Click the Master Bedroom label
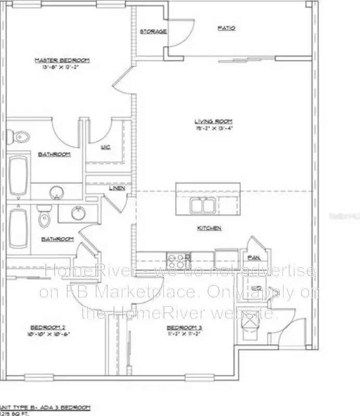(x=62, y=60)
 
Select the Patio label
(x=226, y=28)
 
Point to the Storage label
(x=153, y=32)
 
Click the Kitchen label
(x=209, y=228)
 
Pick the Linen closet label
(x=117, y=188)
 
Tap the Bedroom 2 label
(x=47, y=327)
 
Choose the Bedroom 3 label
(x=184, y=327)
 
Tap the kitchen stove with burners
(x=179, y=257)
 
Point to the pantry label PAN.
(x=254, y=257)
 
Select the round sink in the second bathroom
(x=79, y=213)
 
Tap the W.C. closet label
(x=105, y=147)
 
